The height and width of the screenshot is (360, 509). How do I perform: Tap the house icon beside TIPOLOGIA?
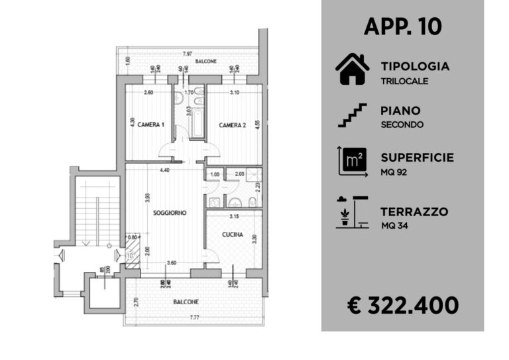(352, 70)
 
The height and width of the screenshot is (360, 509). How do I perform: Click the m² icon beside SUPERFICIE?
(352, 161)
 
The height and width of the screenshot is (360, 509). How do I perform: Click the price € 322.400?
(403, 305)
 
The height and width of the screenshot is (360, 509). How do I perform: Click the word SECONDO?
(402, 125)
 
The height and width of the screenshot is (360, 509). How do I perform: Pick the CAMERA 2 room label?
(233, 125)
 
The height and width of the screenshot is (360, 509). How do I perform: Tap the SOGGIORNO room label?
(169, 213)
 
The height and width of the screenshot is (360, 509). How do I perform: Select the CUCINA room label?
(232, 235)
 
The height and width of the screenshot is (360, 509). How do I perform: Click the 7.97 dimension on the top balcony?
(188, 53)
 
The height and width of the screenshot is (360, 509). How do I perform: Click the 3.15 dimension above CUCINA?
(234, 217)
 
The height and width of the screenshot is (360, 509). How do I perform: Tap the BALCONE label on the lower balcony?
(186, 302)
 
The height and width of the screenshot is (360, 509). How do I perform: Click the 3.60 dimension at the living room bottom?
(171, 263)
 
